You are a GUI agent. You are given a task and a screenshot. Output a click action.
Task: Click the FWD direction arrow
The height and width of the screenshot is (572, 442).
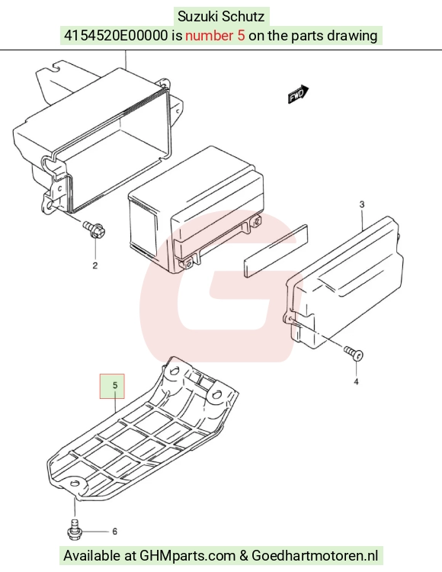tap(299, 94)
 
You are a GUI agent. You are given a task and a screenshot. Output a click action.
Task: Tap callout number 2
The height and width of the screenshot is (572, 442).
tap(95, 265)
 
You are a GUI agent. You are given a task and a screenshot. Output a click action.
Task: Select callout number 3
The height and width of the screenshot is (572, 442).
tap(362, 204)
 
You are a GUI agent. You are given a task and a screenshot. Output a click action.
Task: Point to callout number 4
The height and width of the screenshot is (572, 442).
tap(356, 381)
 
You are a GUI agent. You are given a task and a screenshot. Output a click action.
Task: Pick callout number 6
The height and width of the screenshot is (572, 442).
tap(115, 532)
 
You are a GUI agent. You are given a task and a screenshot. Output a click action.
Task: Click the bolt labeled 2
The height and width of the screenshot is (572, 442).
tap(94, 230)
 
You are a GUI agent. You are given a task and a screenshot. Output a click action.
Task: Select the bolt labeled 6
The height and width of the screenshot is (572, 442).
tap(74, 529)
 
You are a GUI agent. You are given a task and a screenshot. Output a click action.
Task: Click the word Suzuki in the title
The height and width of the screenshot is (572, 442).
tap(198, 17)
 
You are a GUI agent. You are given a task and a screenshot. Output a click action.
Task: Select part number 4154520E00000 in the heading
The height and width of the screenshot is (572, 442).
tap(117, 36)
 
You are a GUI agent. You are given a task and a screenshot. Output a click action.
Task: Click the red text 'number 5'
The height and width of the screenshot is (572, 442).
tap(215, 36)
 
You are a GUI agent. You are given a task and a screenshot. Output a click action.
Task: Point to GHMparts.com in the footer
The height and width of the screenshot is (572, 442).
tap(187, 556)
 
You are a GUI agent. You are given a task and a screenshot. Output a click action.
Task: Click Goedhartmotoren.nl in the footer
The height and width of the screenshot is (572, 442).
tap(315, 556)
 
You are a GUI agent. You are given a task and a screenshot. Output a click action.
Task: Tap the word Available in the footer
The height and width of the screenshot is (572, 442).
tap(92, 556)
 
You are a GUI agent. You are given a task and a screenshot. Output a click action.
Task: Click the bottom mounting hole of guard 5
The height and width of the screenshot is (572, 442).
tap(75, 484)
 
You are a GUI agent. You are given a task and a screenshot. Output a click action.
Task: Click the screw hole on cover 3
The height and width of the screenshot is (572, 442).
tap(290, 320)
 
